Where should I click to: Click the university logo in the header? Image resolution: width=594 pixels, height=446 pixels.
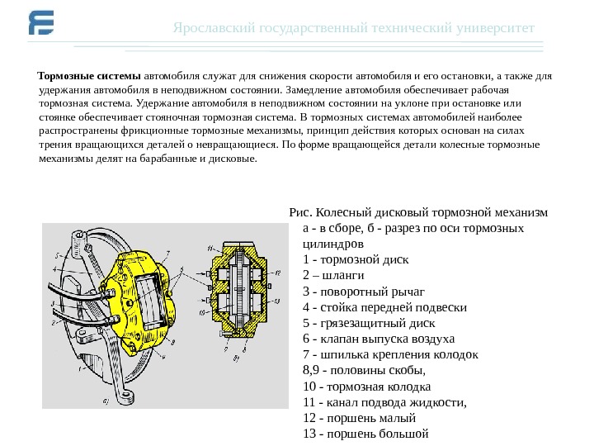[x=40, y=26]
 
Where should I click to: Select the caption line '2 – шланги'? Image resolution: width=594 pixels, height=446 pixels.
[x=333, y=276]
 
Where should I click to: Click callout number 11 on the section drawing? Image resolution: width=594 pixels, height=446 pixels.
[x=210, y=247]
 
